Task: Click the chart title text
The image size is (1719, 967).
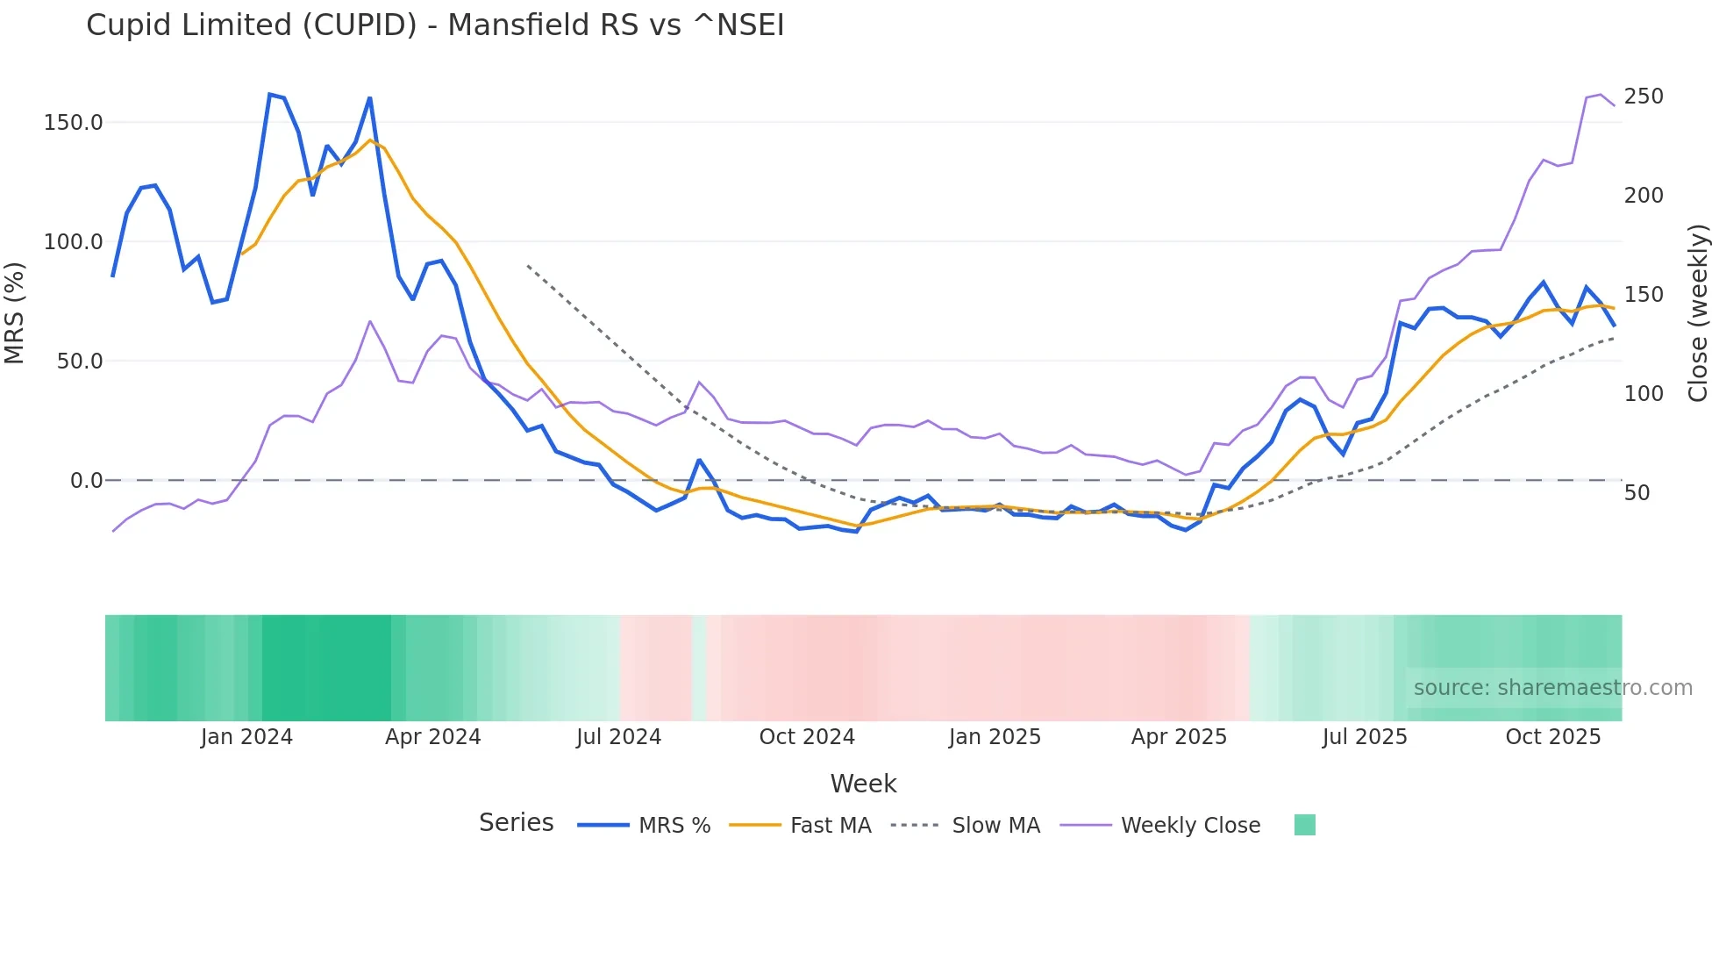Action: [x=435, y=25]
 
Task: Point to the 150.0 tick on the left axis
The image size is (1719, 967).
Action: [x=74, y=123]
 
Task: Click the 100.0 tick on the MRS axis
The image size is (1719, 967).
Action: [x=74, y=242]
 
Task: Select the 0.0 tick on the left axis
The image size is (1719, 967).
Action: [x=86, y=481]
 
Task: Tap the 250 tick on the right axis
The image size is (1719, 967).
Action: [x=1643, y=97]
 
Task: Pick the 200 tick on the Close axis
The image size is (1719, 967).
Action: [x=1643, y=196]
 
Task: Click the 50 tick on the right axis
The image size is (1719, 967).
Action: [x=1637, y=493]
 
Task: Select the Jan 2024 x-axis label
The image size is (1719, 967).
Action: [x=246, y=737]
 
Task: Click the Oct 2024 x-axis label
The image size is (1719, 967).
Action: [x=807, y=737]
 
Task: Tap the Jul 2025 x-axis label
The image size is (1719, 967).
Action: [x=1365, y=737]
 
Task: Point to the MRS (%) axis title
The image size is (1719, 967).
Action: [x=15, y=312]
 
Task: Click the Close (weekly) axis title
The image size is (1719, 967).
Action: [x=1699, y=313]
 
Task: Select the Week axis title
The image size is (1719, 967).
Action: [x=863, y=784]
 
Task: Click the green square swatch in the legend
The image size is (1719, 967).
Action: [x=1304, y=825]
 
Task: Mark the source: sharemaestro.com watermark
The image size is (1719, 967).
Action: [x=1552, y=688]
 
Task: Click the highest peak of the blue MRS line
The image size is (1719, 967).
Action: [x=269, y=94]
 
